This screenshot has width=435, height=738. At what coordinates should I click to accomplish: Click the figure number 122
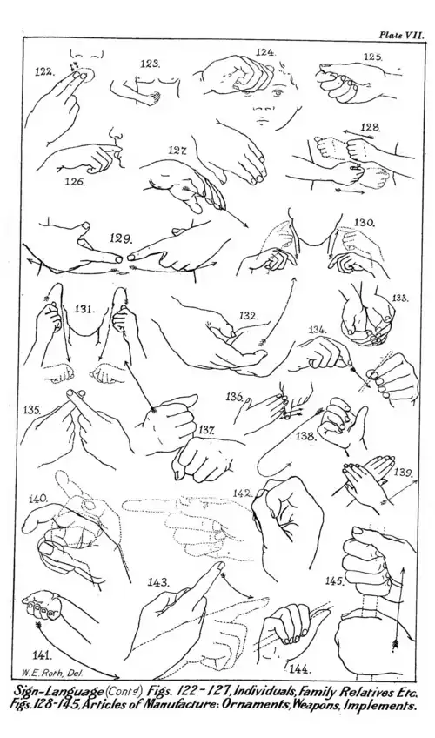44,72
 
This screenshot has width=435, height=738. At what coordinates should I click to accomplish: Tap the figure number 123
151,64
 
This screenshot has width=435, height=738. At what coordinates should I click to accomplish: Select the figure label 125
372,57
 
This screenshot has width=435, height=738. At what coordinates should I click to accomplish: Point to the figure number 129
120,238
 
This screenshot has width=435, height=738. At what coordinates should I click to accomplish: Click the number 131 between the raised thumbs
85,309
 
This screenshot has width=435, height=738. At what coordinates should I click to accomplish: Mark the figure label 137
207,430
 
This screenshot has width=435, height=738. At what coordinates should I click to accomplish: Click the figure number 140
38,499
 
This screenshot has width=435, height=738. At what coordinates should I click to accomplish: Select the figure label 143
158,581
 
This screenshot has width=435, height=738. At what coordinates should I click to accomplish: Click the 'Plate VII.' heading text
402,35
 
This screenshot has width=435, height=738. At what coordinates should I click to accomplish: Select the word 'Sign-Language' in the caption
58,692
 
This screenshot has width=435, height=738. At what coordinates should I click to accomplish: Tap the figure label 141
43,654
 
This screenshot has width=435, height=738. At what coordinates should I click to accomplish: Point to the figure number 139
404,472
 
